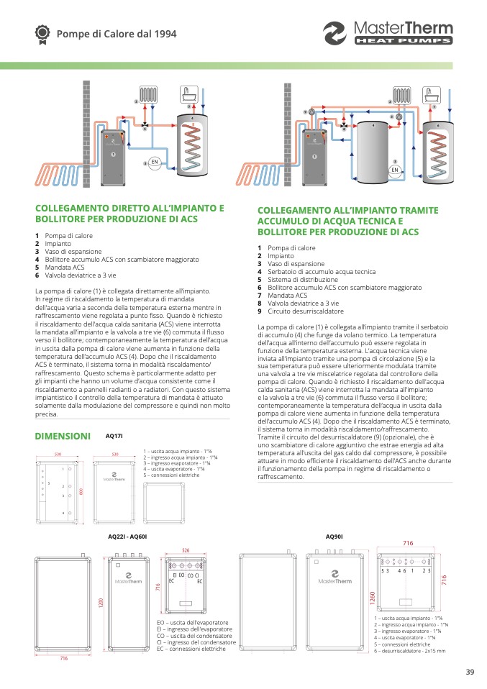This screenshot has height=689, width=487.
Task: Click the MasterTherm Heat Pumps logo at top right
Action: click(x=388, y=33)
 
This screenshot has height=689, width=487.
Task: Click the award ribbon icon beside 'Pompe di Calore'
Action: click(x=42, y=33)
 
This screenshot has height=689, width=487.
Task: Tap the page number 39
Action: click(x=470, y=672)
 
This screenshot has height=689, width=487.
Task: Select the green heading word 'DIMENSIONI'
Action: click(x=63, y=436)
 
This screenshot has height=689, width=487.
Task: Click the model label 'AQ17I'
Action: click(x=114, y=436)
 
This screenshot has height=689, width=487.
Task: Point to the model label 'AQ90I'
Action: click(x=334, y=537)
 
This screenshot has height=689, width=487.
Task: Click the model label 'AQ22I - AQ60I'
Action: click(x=127, y=537)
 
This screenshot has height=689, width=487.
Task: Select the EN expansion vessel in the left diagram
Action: click(x=154, y=163)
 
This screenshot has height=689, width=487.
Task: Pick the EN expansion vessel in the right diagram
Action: click(x=394, y=170)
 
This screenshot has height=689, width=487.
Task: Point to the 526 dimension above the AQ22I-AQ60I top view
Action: click(x=185, y=551)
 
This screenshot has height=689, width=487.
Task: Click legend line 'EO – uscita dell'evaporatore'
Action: click(x=193, y=622)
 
